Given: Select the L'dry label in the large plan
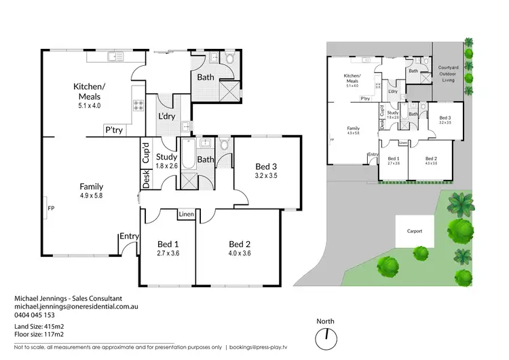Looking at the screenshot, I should (167, 117).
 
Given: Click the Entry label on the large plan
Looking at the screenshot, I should (128, 236).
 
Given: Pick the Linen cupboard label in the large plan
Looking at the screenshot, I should (187, 215).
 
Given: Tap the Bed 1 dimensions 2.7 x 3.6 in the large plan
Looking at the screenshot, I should (167, 254).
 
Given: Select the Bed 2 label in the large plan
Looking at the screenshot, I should (240, 244).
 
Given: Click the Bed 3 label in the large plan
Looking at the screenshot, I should (266, 166).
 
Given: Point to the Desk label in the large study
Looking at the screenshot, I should (146, 178).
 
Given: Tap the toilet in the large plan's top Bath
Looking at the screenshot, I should (229, 61).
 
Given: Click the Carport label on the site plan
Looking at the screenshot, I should (415, 231).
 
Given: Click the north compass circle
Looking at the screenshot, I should (327, 336).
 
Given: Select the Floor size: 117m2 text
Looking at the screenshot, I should (41, 334).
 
